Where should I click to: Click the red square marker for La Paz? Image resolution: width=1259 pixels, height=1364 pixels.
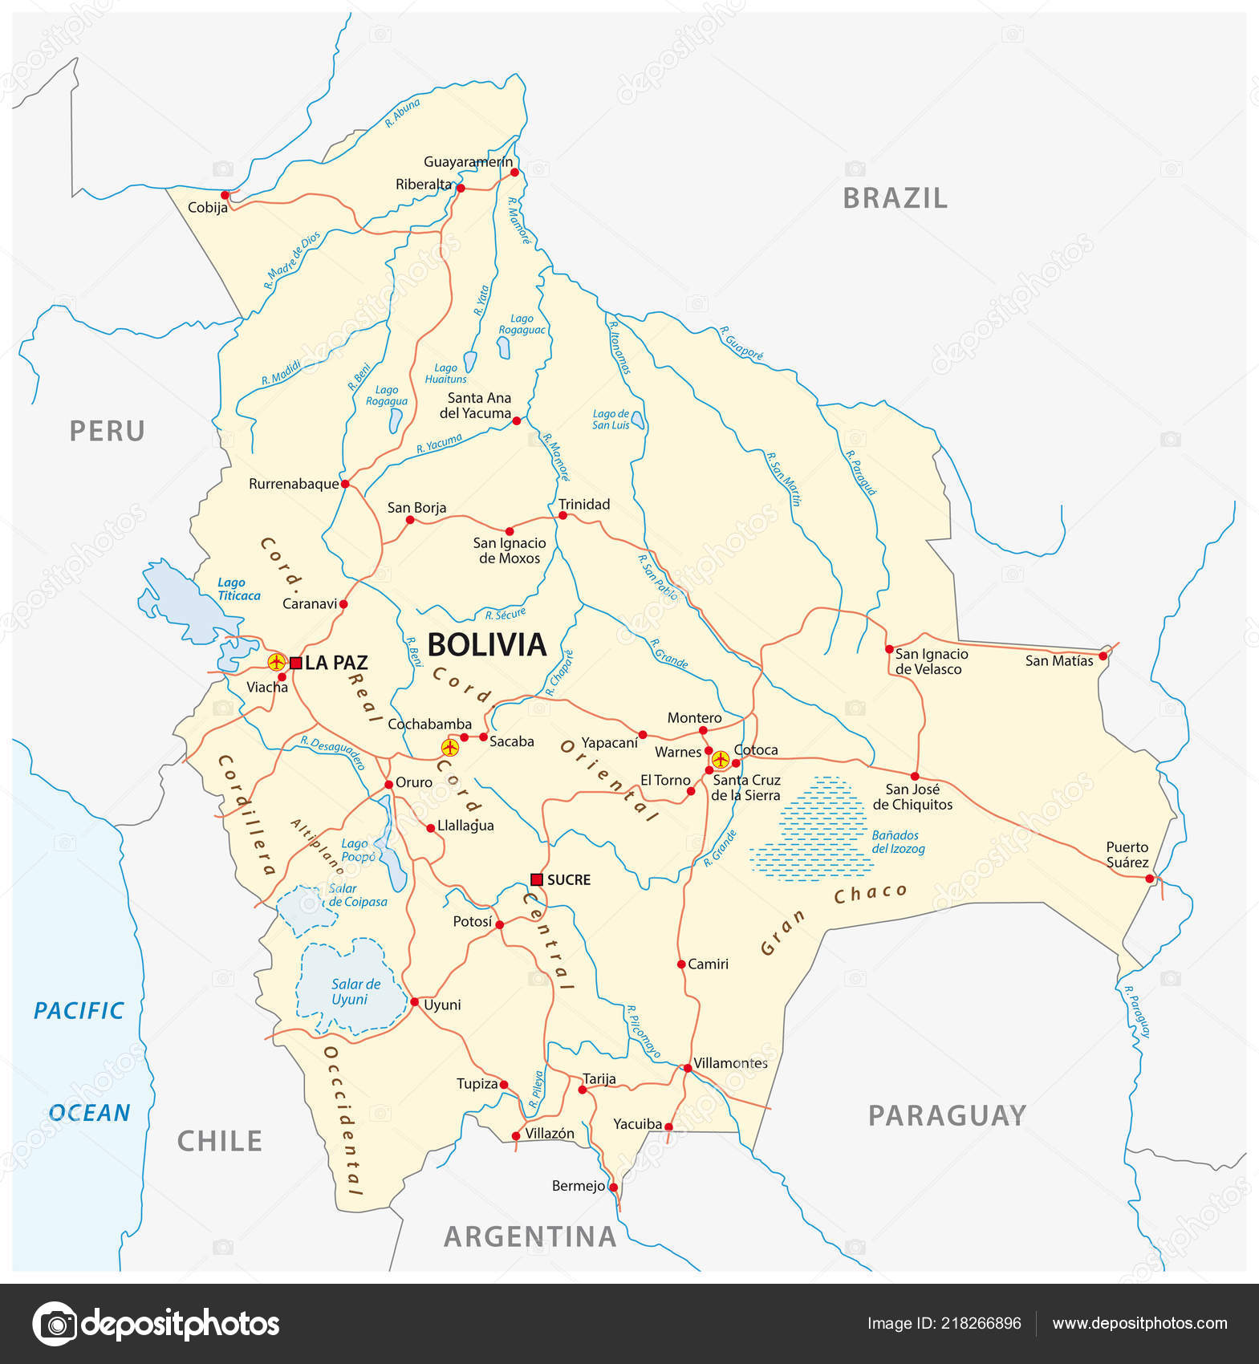point(295,663)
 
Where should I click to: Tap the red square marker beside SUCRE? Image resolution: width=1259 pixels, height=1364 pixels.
point(537,879)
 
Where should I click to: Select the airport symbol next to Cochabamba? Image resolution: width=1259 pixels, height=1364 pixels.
point(449,748)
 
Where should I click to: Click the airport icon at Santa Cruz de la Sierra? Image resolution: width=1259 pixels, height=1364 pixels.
point(720,758)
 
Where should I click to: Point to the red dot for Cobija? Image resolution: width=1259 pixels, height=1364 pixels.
point(225,195)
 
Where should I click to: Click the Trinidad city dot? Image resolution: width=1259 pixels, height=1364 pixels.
point(562,515)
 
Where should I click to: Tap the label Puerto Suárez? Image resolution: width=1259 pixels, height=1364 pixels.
point(1127,855)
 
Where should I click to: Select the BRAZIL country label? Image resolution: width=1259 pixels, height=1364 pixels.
point(895,198)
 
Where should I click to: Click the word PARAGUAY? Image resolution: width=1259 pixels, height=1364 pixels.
point(947,1115)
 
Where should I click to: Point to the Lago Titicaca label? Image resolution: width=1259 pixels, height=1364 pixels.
point(238,589)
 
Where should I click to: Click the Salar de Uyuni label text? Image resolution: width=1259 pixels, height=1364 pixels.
point(355,992)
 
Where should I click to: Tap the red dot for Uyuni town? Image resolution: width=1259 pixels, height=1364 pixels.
point(414,1001)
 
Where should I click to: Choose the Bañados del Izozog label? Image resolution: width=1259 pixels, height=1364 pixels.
point(898,842)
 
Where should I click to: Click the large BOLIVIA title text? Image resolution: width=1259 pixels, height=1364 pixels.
point(486,645)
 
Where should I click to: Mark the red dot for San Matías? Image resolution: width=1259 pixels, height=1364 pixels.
point(1103,656)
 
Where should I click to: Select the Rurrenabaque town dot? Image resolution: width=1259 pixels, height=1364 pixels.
point(345,484)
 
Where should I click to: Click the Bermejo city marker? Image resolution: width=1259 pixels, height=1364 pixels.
point(613,1187)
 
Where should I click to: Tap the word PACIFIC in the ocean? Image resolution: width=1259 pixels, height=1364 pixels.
point(79,1010)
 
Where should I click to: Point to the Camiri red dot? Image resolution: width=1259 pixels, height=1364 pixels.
point(680,964)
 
